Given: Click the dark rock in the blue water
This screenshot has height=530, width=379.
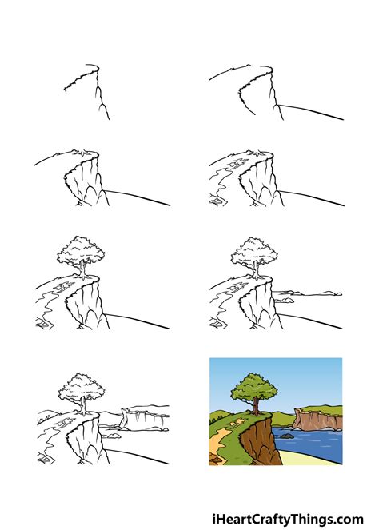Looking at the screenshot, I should pos(286,436).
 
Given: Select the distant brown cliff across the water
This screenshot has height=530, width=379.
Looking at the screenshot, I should pos(317,417).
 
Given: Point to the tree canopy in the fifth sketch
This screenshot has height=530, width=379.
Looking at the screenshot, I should pos(80,253).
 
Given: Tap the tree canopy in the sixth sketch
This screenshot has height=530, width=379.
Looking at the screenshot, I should pos(253,253).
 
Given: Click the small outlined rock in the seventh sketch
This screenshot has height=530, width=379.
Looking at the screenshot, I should pos(113,436).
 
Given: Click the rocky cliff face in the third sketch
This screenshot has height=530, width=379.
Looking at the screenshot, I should pos(86,181).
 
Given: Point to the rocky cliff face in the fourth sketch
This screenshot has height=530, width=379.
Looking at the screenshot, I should pos(260,181).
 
